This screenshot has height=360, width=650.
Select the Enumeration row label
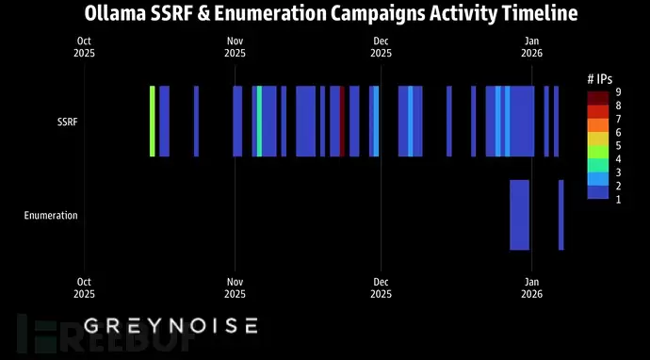[x=51, y=215]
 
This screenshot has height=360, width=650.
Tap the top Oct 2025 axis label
[x=85, y=47]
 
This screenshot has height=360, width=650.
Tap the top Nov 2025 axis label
[x=235, y=47]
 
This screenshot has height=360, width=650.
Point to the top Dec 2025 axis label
[x=381, y=47]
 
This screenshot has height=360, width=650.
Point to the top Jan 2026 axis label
[x=531, y=47]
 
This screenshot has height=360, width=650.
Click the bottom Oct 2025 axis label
[x=85, y=286]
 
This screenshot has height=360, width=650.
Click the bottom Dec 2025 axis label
[x=381, y=286]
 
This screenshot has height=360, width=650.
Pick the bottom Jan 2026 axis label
[x=531, y=286]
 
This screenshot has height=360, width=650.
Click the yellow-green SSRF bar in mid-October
[x=152, y=122]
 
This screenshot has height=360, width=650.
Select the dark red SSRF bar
[x=342, y=122]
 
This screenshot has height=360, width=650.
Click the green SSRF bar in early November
[x=260, y=122]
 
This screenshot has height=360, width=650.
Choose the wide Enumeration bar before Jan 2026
[x=519, y=215]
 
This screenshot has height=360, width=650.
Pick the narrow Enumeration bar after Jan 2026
[x=561, y=215]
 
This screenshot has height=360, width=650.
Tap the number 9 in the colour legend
[x=618, y=92]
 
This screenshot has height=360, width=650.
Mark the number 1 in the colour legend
[x=618, y=199]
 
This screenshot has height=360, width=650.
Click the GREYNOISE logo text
[x=171, y=326]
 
